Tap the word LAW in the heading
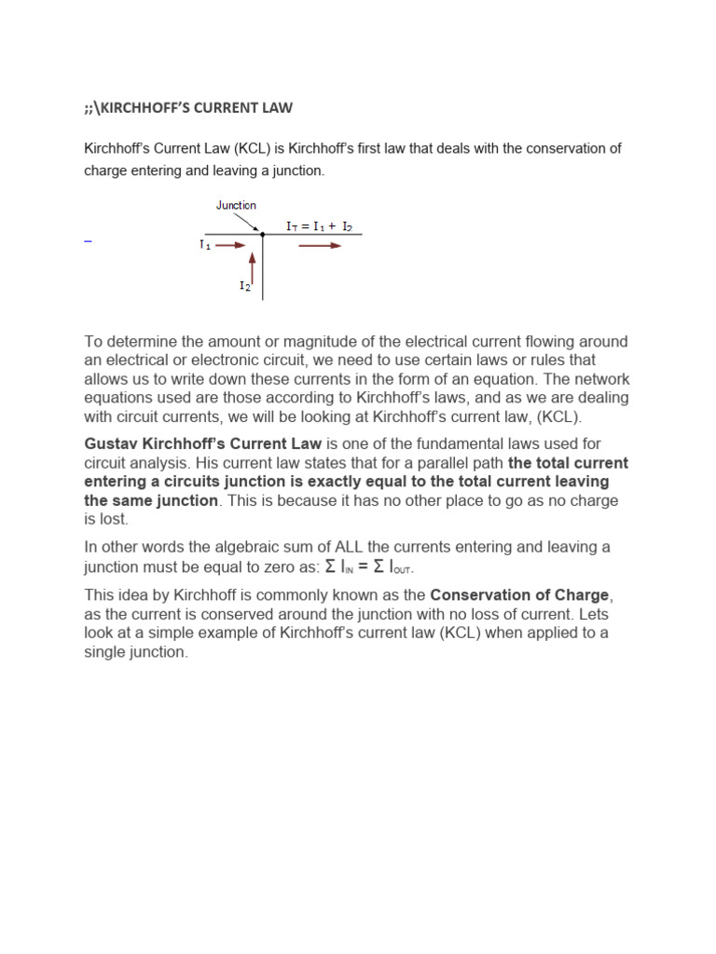(278, 108)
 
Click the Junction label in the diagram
(236, 205)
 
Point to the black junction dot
(263, 235)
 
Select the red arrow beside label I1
(233, 245)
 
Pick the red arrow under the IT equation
(320, 246)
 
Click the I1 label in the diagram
(205, 245)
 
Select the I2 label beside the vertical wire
(244, 286)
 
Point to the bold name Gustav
(114, 443)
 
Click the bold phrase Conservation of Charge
(519, 595)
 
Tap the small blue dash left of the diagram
(88, 241)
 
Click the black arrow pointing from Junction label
(249, 222)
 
